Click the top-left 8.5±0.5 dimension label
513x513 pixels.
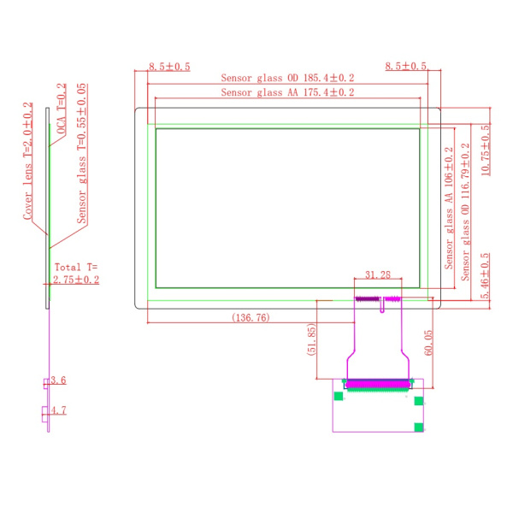point(169,67)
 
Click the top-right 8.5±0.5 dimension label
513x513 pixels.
point(405,66)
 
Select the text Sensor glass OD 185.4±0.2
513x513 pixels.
point(287,78)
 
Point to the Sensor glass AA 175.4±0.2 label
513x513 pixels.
point(287,92)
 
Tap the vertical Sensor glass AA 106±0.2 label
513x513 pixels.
point(449,208)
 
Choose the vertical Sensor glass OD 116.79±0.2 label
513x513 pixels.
point(465,212)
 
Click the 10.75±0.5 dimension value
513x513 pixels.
point(486,150)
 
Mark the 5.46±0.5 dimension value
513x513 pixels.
point(486,275)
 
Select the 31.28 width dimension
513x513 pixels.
point(378,274)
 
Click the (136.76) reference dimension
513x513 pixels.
point(251,317)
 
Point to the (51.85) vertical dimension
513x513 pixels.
point(311,339)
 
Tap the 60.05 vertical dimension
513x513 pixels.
point(428,343)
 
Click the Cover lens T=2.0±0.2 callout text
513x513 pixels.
point(28,161)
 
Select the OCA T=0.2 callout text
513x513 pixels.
point(62,109)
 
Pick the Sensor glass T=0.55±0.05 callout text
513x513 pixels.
point(82,153)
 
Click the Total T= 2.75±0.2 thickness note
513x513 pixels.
point(76,274)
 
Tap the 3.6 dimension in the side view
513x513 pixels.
point(58,380)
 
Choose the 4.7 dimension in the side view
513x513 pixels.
point(58,410)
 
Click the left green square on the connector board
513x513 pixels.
point(339,396)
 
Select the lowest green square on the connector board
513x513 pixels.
point(419,427)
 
